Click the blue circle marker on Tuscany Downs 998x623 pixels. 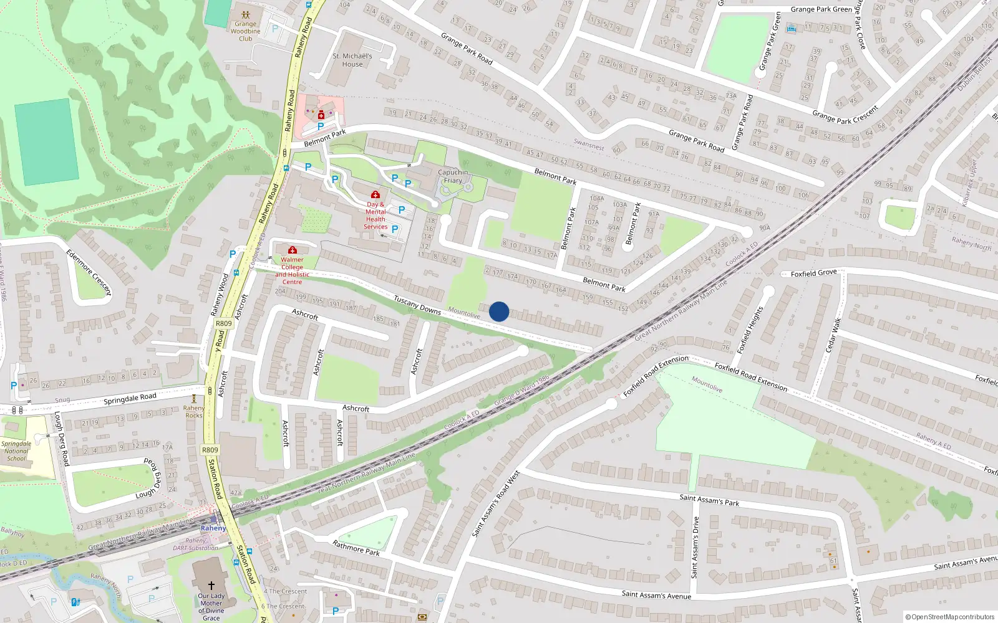[499, 311]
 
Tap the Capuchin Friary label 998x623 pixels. [453, 176]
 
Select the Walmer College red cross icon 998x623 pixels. [292, 250]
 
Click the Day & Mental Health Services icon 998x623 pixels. [375, 195]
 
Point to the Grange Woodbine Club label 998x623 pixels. [245, 31]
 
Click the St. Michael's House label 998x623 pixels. [352, 60]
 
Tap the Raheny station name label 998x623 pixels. [213, 528]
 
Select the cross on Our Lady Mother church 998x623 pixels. [211, 586]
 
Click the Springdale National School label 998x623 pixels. [16, 451]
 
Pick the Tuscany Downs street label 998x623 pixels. [417, 305]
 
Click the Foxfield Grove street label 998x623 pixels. [813, 273]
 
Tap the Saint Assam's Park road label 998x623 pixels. [709, 499]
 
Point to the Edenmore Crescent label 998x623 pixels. [89, 272]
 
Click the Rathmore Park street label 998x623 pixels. [356, 548]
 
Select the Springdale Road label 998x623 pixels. [130, 398]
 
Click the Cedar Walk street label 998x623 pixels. [833, 335]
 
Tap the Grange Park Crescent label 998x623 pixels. [845, 115]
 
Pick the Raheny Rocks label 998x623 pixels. [194, 412]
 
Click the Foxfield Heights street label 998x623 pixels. [750, 330]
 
